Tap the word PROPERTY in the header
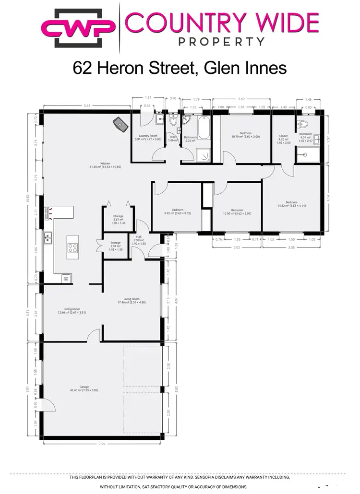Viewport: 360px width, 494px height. [x=222, y=42]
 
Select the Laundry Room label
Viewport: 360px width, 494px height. [x=147, y=136]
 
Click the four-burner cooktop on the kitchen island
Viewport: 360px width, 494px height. [x=73, y=248]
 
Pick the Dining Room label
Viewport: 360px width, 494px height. [x=72, y=309]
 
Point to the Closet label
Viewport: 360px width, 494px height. [x=283, y=136]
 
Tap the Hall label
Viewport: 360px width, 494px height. [x=139, y=236]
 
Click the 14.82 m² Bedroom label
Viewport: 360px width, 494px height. [x=291, y=202]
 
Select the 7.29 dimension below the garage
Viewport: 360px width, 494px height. [x=102, y=444]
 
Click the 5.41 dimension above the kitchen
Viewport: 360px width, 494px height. [x=87, y=105]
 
